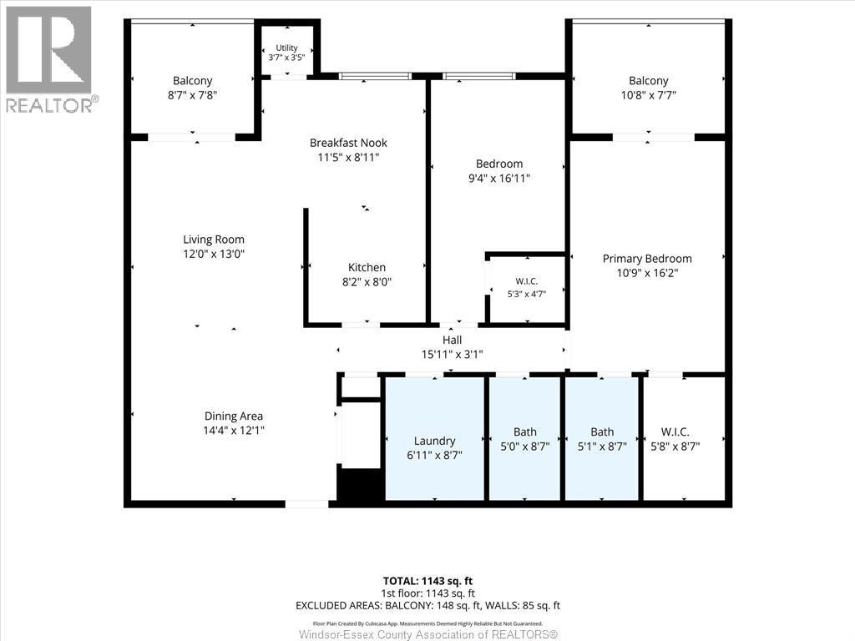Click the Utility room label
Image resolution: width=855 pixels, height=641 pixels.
286,48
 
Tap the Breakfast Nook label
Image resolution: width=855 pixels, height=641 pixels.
348,143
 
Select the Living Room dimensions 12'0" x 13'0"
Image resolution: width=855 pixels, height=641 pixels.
214,254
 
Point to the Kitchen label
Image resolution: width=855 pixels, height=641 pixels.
367,268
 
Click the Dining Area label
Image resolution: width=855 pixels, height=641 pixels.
234,416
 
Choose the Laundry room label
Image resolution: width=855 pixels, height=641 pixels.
434,441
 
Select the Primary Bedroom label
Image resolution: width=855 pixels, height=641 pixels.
647,259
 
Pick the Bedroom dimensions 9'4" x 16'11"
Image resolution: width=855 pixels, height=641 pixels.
499,179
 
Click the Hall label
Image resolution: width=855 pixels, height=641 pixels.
452,341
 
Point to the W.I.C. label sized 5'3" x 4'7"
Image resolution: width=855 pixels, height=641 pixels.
527,281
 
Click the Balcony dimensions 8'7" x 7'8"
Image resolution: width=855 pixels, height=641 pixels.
193,95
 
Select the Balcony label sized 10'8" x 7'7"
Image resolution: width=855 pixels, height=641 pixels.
648,81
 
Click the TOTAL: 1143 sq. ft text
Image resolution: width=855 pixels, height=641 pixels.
428,581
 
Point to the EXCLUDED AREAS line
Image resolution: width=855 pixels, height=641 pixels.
428,606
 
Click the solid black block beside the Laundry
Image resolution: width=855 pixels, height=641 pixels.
359,484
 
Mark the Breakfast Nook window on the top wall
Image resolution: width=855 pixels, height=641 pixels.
375,76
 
